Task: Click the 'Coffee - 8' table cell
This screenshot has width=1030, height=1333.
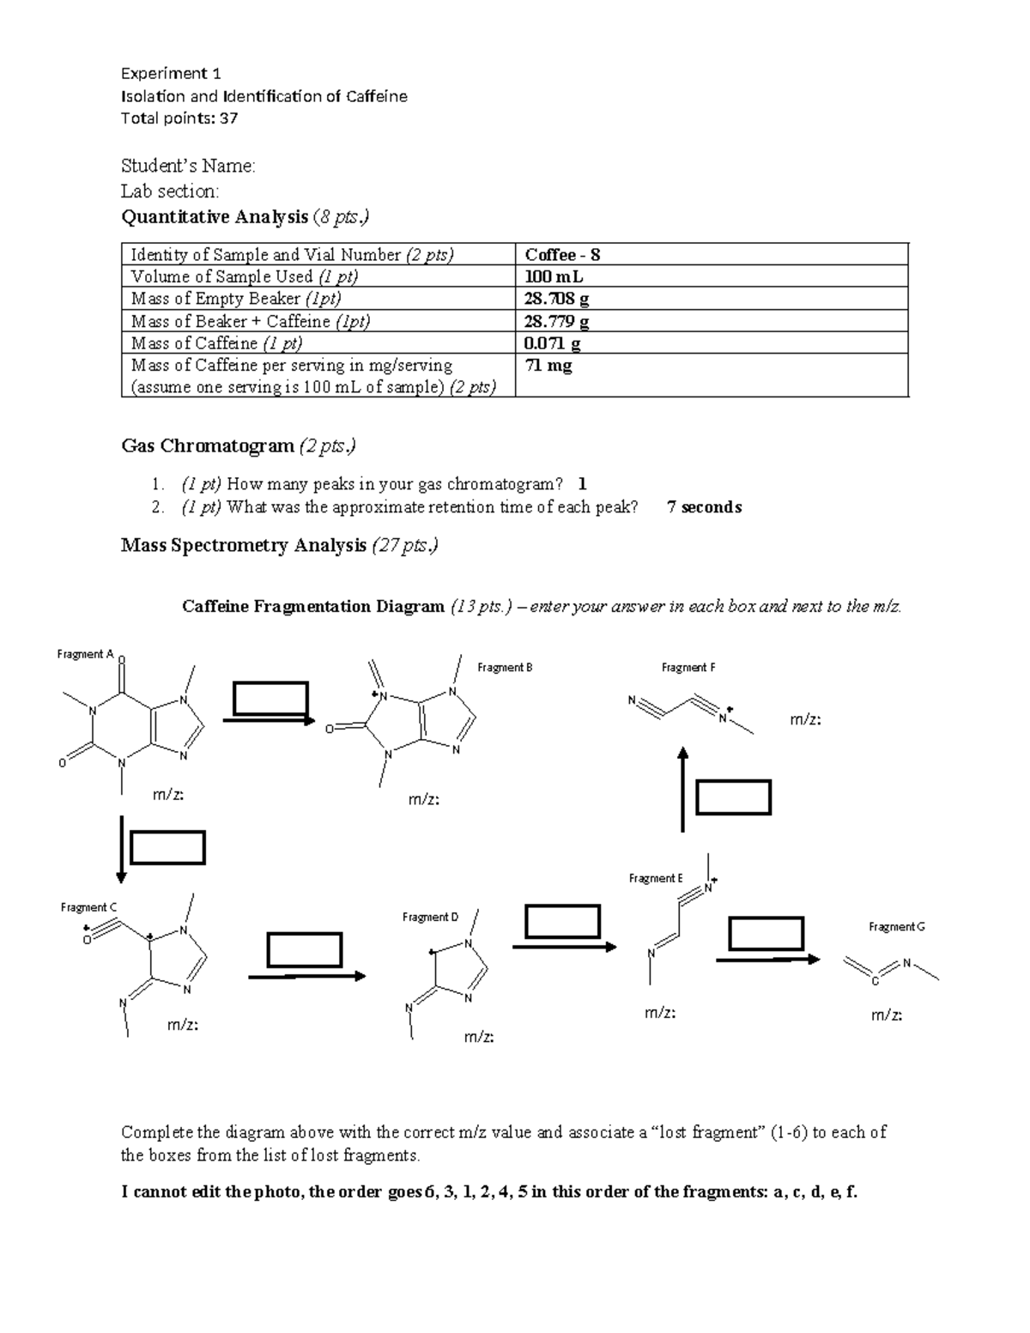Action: click(x=562, y=255)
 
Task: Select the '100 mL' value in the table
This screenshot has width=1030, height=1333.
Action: click(x=554, y=277)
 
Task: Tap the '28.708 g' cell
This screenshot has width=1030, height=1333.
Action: click(x=556, y=299)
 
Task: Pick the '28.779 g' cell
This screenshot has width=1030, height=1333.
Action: click(x=556, y=321)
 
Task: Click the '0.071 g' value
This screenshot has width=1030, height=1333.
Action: click(x=552, y=343)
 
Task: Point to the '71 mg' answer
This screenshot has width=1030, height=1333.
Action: click(x=548, y=366)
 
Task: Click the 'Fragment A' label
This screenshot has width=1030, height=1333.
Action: click(x=85, y=654)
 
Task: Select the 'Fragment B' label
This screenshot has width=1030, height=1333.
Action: click(x=505, y=667)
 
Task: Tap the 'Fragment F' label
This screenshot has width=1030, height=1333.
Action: click(x=688, y=667)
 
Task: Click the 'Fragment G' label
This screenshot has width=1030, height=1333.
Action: click(x=896, y=927)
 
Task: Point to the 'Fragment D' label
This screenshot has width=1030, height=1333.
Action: click(x=430, y=918)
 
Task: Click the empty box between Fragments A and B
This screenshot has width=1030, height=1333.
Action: click(x=270, y=698)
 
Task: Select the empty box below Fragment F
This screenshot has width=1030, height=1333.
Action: click(x=733, y=797)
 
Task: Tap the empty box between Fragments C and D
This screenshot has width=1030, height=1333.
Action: click(x=305, y=950)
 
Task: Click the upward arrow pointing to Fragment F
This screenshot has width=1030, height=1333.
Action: click(x=683, y=788)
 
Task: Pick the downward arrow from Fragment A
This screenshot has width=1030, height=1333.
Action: click(x=122, y=848)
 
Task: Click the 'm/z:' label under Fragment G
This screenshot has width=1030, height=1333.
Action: click(x=886, y=1015)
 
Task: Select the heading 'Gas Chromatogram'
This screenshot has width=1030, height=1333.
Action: click(x=208, y=446)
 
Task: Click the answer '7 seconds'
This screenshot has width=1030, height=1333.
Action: click(x=704, y=507)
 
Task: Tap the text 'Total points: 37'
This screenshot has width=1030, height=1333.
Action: click(x=179, y=118)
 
